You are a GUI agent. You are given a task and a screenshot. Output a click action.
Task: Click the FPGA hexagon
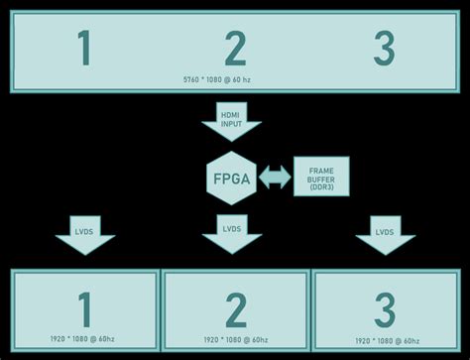coord(231,179)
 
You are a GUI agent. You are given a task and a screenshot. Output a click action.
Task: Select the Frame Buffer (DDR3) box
coord(321,177)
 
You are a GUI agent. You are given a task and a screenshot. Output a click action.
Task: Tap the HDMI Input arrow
coord(231,120)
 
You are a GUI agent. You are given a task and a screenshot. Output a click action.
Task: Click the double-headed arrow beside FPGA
coord(275,178)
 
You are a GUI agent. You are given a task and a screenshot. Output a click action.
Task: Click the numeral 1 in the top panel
coord(84,48)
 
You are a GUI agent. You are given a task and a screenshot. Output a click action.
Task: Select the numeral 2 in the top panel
coord(235,48)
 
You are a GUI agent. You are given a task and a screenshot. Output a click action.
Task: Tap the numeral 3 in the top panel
coord(384,48)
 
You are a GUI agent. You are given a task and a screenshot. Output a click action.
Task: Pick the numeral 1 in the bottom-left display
coord(84,309)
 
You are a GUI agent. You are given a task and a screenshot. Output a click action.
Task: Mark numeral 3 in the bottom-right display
coord(384,310)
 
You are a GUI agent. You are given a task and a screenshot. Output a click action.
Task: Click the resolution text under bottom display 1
coord(84,340)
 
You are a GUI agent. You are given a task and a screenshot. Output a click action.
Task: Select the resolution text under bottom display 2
coord(235,340)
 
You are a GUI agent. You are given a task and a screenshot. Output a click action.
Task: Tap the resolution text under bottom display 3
coord(384,340)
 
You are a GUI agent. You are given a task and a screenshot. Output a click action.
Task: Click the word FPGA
coord(231,179)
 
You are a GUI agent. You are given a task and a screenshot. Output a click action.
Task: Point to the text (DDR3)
coord(321,186)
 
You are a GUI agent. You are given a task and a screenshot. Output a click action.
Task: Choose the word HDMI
coord(231,114)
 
